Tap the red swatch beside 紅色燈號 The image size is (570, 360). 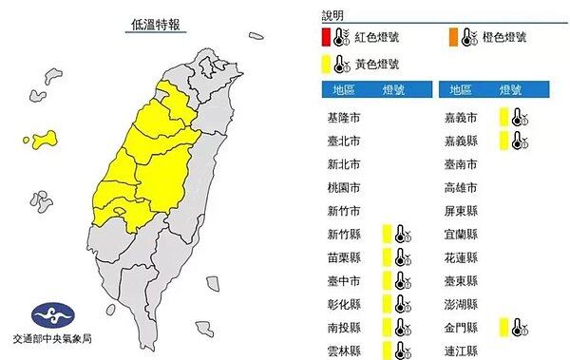[x=326, y=39]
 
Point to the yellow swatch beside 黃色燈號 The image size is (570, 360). [x=326, y=65]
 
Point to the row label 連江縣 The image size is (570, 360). [x=459, y=351]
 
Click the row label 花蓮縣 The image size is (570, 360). [x=459, y=258]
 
